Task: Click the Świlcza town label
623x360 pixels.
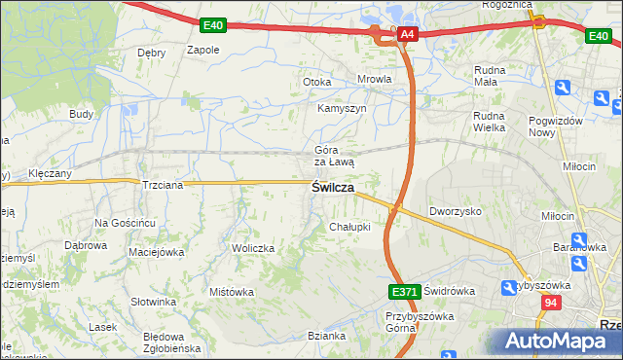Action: point(332,187)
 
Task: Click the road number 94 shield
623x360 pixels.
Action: point(552,304)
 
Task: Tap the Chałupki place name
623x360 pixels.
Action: point(349,227)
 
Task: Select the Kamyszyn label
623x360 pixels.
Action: point(342,109)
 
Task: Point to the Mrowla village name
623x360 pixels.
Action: point(375,80)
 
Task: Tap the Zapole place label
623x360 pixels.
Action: point(202,50)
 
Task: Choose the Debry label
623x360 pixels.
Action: point(152,53)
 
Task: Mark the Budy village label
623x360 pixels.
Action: point(81,114)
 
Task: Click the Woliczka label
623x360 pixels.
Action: point(253,248)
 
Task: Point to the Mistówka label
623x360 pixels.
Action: point(232,291)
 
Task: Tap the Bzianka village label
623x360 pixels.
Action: point(326,336)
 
